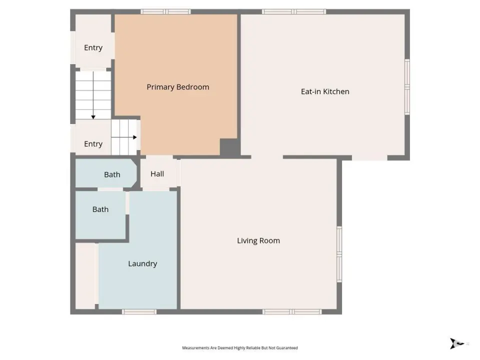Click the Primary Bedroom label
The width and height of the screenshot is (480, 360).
point(178,87)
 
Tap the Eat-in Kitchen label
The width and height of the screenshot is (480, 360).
point(325,91)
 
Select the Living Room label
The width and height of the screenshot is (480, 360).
point(258,241)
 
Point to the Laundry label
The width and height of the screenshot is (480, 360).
point(142,264)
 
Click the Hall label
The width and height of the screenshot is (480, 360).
point(157,174)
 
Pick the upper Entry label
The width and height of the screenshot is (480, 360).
point(93,48)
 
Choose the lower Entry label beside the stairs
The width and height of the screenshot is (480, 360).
point(93,144)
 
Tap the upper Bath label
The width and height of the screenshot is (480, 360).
point(112,174)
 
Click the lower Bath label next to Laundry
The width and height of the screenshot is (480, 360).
point(100,209)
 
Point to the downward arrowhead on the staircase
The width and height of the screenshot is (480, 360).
point(93,117)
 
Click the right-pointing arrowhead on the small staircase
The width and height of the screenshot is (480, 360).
point(134,137)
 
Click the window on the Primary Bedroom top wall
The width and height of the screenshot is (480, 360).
point(165,11)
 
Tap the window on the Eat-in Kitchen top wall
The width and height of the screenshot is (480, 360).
point(294,11)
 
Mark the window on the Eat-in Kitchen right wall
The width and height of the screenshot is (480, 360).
point(407,87)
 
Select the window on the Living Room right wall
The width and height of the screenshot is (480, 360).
point(339,254)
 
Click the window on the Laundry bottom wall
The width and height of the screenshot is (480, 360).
point(139,311)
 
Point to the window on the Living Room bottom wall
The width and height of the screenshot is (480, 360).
point(292,311)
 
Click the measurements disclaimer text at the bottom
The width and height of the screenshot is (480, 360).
point(240,348)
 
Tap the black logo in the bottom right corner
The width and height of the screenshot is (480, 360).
point(456,343)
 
